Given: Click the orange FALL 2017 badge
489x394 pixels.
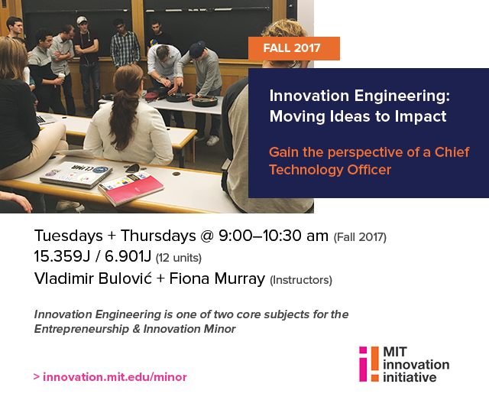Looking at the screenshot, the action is [x=293, y=48].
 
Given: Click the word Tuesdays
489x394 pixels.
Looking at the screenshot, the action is [x=68, y=236].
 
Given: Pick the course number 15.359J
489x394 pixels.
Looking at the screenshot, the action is [x=62, y=256].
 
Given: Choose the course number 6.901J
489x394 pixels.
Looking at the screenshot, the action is [x=128, y=256].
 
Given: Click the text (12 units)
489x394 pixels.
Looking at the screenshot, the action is [x=179, y=258].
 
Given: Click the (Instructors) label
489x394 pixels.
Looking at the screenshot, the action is [x=301, y=280].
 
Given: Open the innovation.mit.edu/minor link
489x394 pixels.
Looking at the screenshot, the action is [x=115, y=377].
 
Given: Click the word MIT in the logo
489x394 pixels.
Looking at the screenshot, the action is [x=395, y=352].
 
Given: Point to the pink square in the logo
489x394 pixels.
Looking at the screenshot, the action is [x=363, y=350].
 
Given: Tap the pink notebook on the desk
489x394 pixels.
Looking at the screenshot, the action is [x=131, y=188].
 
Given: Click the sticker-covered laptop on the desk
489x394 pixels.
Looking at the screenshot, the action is [x=76, y=174].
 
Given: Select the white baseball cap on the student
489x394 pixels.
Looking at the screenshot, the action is [x=82, y=20].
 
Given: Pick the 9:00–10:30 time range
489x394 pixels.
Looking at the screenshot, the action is [x=274, y=236].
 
